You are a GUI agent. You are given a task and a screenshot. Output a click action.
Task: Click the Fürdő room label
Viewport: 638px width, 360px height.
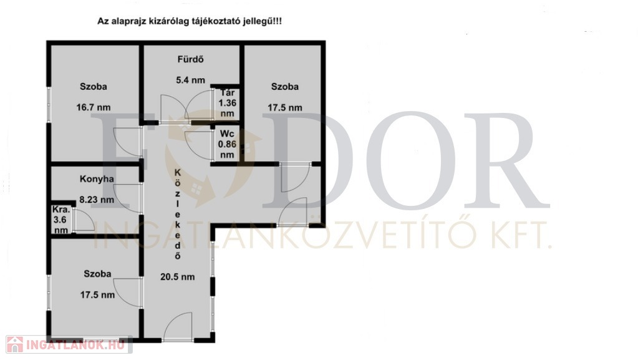click(x=190, y=59)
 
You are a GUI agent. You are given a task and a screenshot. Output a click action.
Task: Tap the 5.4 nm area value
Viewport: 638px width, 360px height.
click(x=190, y=80)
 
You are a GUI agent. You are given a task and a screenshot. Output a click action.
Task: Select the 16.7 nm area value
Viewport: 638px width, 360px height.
click(x=94, y=107)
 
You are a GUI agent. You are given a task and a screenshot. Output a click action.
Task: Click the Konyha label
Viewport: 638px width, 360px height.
click(x=97, y=179)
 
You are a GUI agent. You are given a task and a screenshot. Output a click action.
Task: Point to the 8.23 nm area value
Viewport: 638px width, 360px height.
click(x=97, y=200)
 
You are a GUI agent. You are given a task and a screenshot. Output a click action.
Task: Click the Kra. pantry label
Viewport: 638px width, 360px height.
click(x=62, y=210)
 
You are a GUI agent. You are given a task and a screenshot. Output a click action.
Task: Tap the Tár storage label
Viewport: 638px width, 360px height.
click(x=228, y=93)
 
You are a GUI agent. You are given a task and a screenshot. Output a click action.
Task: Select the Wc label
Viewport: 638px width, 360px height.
click(x=227, y=134)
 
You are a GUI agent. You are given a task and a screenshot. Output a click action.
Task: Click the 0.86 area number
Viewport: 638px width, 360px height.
click(x=227, y=144)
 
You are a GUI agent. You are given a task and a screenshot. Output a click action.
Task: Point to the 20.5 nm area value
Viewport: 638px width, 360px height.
click(x=177, y=277)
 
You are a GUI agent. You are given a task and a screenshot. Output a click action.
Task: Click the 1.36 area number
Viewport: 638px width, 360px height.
click(x=228, y=104)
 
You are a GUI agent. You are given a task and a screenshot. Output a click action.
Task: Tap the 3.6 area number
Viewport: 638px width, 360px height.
click(x=60, y=220)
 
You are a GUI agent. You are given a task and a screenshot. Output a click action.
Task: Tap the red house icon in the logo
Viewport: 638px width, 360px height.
click(x=15, y=344)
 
